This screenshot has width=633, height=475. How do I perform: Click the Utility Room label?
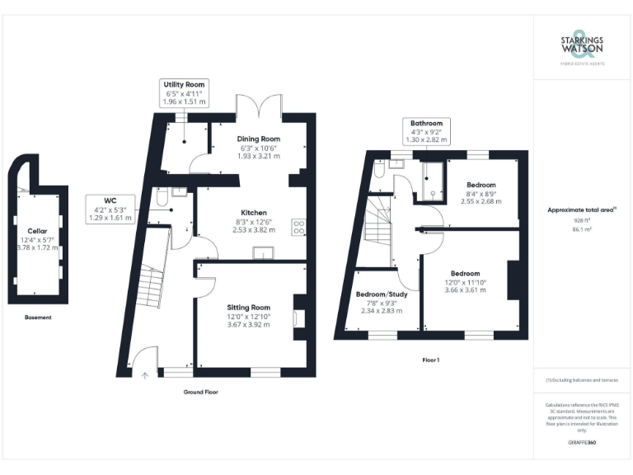[185, 84]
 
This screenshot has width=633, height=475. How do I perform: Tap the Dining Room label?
[259, 139]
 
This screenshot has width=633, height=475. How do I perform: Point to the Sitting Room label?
[248, 307]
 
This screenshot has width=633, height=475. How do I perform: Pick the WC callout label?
[110, 200]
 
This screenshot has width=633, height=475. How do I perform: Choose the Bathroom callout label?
[426, 123]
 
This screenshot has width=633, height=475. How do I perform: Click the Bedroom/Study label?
[380, 294]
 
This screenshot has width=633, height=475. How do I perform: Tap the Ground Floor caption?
[201, 392]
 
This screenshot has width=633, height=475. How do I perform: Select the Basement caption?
[37, 317]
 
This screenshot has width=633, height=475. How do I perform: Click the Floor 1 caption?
[431, 360]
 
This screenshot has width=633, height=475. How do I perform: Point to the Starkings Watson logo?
[581, 47]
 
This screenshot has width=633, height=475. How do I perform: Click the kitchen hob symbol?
[299, 228]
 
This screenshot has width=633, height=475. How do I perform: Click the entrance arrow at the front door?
[145, 375]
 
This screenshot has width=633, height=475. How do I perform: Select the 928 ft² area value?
[582, 221]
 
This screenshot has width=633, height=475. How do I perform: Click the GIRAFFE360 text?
[582, 443]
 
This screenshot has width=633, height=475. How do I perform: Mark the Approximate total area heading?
[581, 210]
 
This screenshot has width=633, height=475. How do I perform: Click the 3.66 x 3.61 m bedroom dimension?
[466, 290]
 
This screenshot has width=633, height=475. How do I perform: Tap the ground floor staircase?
[151, 285]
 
